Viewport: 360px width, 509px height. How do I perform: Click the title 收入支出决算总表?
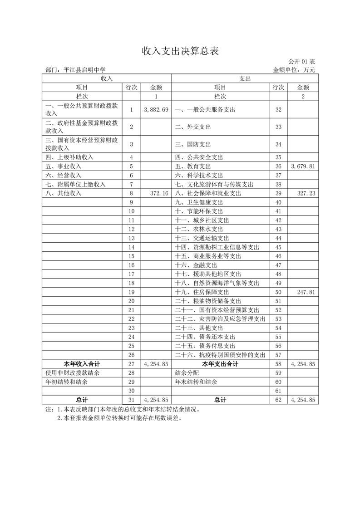(x=180, y=51)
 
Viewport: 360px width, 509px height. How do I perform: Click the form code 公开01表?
(x=301, y=62)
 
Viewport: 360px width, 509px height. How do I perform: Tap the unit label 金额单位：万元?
(x=294, y=70)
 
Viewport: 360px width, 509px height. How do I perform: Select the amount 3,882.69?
(x=156, y=110)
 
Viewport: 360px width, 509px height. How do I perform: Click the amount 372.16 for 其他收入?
(x=159, y=193)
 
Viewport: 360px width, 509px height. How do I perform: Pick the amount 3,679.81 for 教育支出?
(x=303, y=166)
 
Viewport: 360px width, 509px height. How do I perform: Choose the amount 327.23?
(x=306, y=193)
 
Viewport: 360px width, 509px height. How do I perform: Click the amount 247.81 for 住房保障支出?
(x=306, y=292)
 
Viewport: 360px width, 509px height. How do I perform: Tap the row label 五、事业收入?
(x=63, y=166)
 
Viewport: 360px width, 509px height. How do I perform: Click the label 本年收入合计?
(x=82, y=364)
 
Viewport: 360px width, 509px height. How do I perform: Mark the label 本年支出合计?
(x=220, y=364)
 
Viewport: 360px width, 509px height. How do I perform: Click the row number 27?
(x=132, y=364)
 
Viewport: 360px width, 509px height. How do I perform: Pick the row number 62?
(x=278, y=400)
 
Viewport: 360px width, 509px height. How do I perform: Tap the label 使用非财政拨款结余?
(x=72, y=373)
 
